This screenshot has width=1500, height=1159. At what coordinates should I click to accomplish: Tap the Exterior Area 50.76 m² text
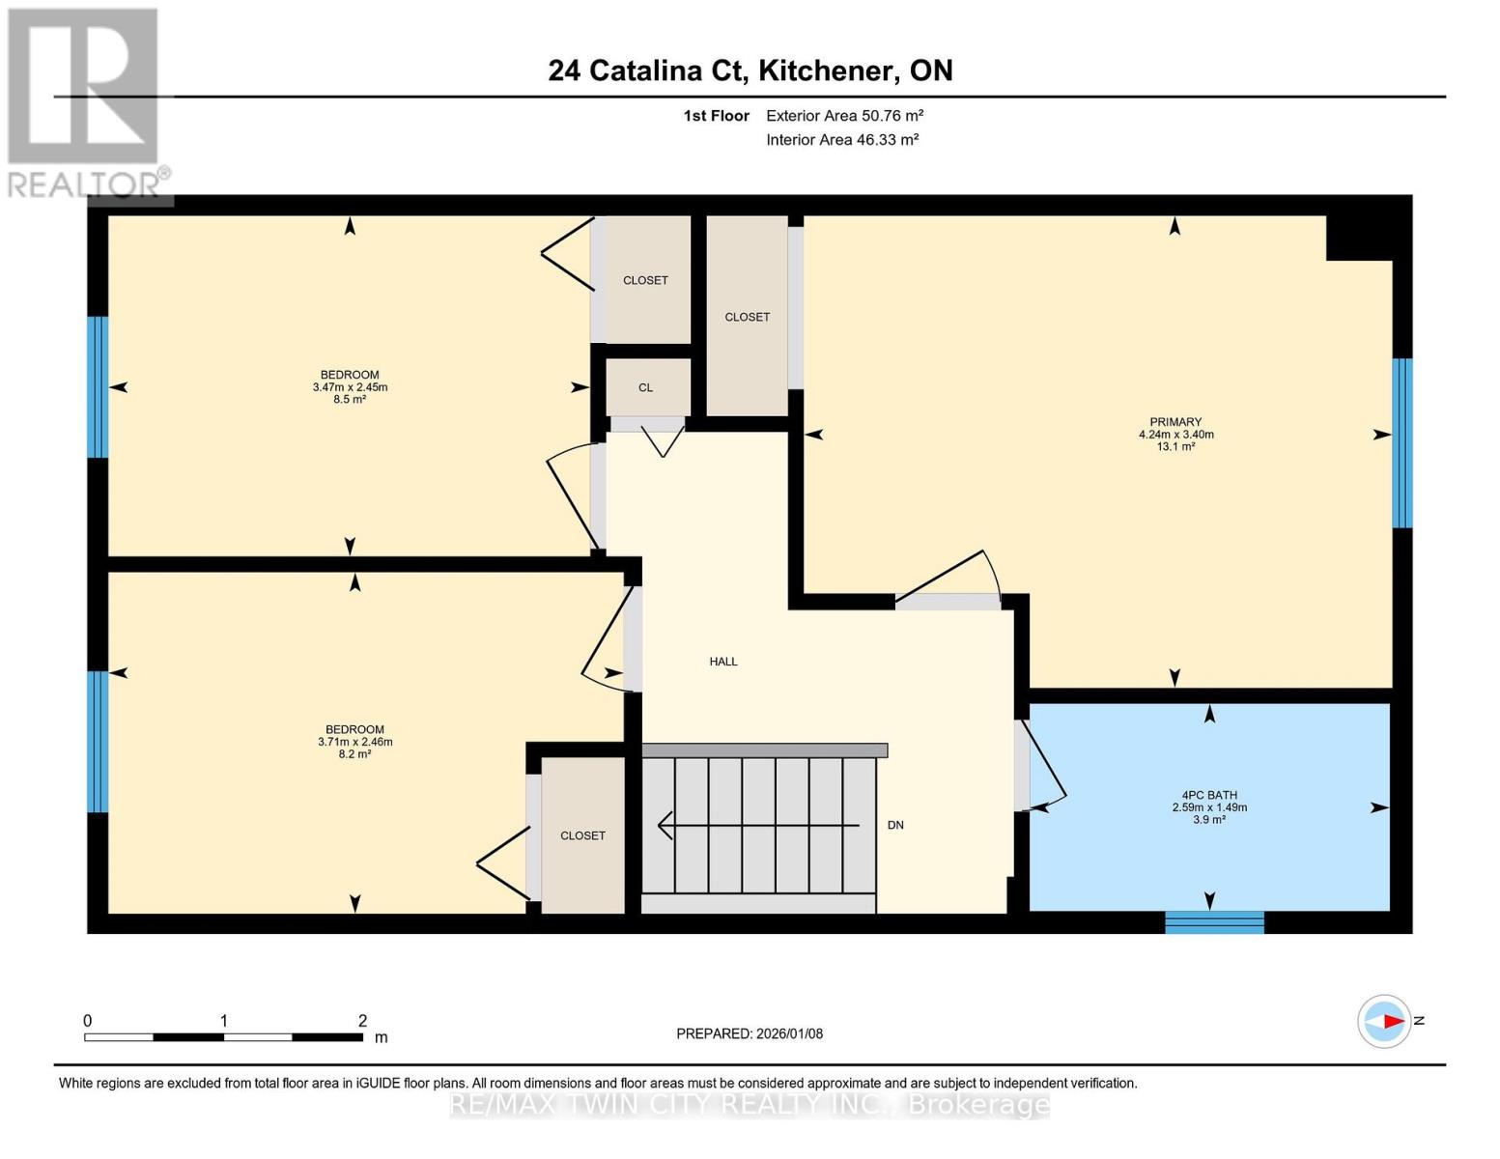click(x=844, y=116)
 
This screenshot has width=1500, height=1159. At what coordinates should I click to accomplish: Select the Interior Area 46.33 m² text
click(x=841, y=140)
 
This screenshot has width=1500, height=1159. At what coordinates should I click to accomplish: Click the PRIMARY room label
click(x=1175, y=422)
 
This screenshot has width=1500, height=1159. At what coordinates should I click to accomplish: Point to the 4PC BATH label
click(x=1209, y=795)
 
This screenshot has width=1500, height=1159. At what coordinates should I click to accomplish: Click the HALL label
click(x=723, y=662)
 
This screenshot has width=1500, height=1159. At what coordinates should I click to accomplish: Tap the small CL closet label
click(x=645, y=387)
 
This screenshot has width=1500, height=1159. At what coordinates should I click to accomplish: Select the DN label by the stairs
click(x=895, y=825)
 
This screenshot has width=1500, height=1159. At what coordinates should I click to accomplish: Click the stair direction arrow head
click(x=665, y=826)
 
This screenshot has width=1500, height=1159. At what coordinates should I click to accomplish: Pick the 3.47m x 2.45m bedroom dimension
click(x=350, y=387)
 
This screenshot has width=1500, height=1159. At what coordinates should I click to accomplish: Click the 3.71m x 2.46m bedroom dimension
click(x=354, y=742)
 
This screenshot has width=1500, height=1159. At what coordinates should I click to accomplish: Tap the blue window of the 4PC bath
click(x=1214, y=921)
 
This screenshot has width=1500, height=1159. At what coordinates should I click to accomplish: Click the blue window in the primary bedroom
click(x=1401, y=442)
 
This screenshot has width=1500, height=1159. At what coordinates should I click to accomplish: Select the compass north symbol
click(x=1385, y=1021)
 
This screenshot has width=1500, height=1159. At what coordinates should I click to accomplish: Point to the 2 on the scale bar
click(x=362, y=1021)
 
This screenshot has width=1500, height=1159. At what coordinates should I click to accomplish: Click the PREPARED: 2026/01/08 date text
click(x=750, y=1033)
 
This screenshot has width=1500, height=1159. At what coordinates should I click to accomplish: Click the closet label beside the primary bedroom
click(x=747, y=317)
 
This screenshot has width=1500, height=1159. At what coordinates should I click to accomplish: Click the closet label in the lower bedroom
click(x=582, y=835)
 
